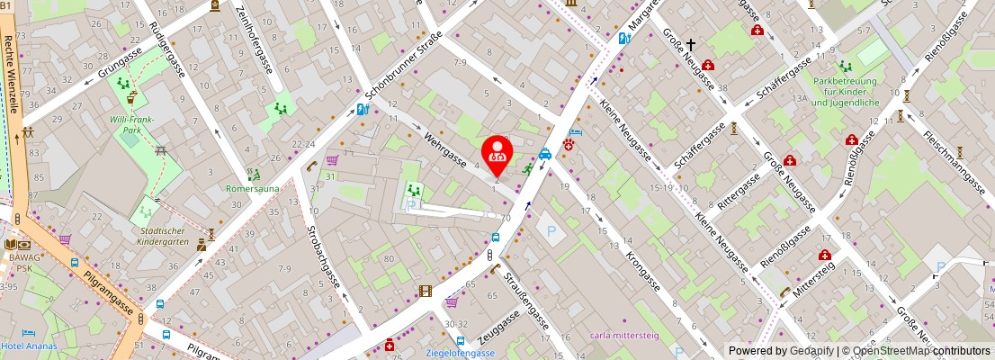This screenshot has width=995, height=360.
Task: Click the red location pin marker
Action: point(497,155)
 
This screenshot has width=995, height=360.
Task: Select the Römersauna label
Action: point(252,189)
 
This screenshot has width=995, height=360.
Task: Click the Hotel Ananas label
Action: point(29,346)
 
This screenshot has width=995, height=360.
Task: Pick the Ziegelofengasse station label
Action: point(461,352)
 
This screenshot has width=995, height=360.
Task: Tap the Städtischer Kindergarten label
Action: point(161,236)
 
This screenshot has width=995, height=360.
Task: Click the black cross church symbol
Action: point(692,44)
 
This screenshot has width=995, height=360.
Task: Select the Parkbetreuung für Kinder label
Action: point(845,91)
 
